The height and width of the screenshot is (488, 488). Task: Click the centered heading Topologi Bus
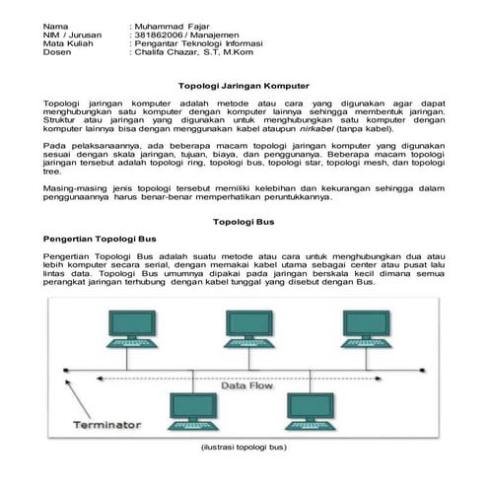[244, 223]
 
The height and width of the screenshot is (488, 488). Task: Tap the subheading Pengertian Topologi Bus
[95, 239]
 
